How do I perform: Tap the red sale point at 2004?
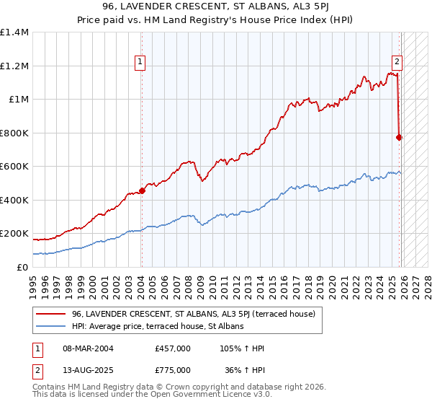142,191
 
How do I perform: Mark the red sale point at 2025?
400,137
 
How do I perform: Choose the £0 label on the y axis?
22,267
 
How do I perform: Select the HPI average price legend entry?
158,326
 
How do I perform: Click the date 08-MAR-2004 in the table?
83,348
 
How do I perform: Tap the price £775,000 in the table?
173,369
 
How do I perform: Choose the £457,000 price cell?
173,348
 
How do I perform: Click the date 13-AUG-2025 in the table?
83,369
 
